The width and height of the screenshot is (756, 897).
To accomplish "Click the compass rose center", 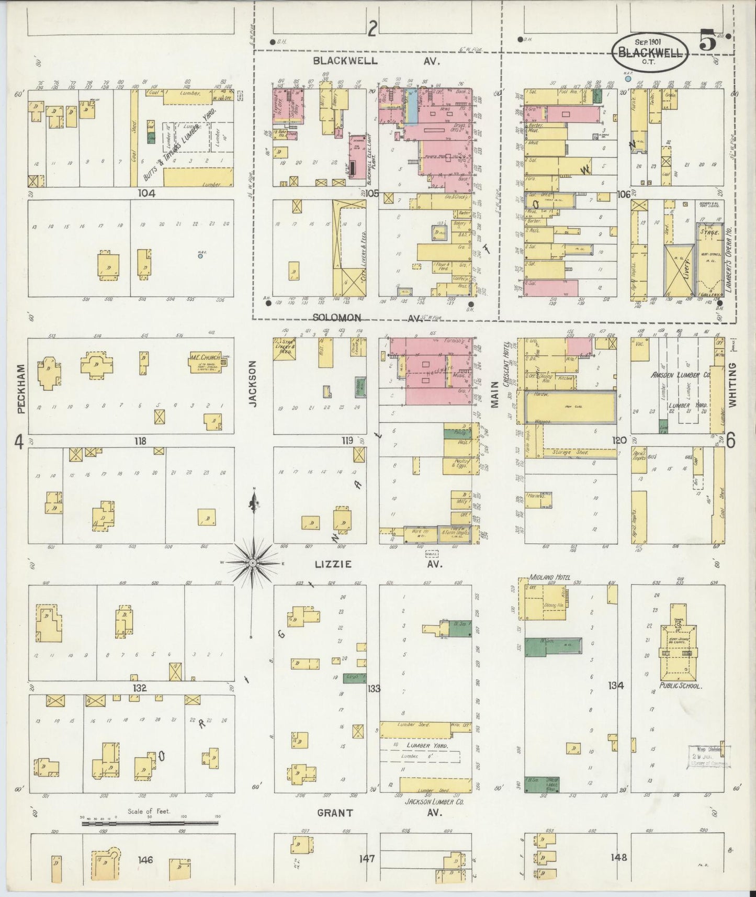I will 252,563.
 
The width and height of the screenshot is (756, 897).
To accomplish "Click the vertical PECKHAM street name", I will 21,388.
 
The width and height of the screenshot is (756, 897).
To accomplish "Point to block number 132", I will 140,687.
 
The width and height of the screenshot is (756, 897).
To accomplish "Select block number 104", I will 146,193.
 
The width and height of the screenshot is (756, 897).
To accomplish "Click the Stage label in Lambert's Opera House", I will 709,231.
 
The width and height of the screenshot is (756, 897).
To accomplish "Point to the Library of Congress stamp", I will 708,756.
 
